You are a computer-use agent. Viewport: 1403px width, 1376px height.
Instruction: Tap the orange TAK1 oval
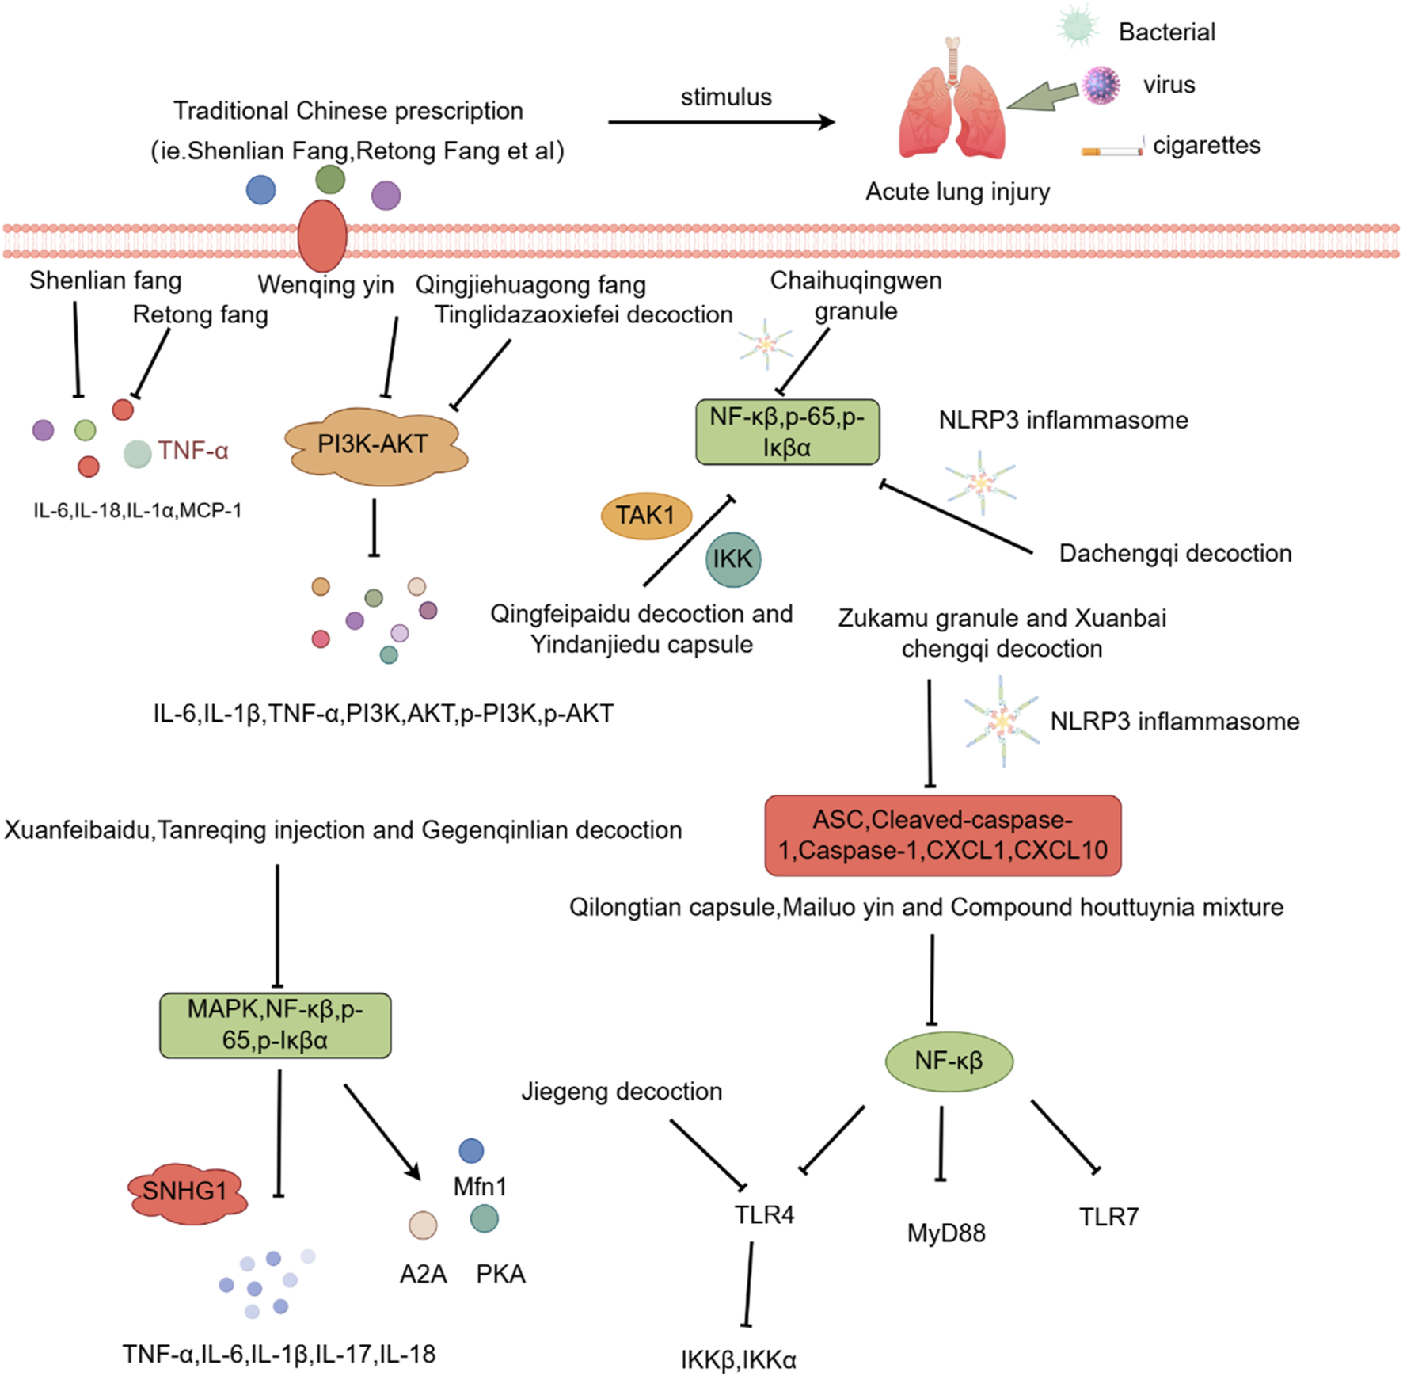pyautogui.click(x=646, y=516)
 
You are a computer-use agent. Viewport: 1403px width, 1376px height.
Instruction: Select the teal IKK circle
pyautogui.click(x=732, y=559)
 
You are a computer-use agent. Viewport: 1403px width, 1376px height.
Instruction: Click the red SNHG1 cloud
pyautogui.click(x=187, y=1191)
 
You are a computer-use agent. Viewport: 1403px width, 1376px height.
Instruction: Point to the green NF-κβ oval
pyautogui.click(x=949, y=1061)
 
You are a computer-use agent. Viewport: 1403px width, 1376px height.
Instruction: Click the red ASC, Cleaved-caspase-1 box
pyautogui.click(x=942, y=836)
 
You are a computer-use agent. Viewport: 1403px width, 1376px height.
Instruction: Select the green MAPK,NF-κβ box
pyautogui.click(x=275, y=1025)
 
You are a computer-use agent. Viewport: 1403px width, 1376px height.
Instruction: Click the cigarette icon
pyautogui.click(x=1112, y=149)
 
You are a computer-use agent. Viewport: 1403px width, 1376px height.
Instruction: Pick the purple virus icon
pyautogui.click(x=1101, y=85)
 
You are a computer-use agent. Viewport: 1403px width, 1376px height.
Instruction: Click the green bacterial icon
pyautogui.click(x=1078, y=26)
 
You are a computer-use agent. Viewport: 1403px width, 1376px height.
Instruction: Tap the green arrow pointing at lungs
pyautogui.click(x=1044, y=97)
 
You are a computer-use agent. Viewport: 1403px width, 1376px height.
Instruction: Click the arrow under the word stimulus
pyautogui.click(x=721, y=122)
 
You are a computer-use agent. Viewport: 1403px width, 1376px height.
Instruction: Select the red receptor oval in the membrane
pyautogui.click(x=322, y=236)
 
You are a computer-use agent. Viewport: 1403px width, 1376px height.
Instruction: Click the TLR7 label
pyautogui.click(x=1108, y=1217)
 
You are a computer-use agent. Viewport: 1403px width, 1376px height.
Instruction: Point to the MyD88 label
pyautogui.click(x=946, y=1233)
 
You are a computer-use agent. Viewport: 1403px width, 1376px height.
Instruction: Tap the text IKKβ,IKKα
pyautogui.click(x=738, y=1359)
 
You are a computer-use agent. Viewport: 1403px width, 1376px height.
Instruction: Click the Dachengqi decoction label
pyautogui.click(x=1175, y=553)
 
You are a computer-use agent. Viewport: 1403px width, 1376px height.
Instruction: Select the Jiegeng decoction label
pyautogui.click(x=622, y=1092)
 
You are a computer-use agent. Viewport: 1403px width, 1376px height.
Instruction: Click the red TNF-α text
pyautogui.click(x=193, y=451)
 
